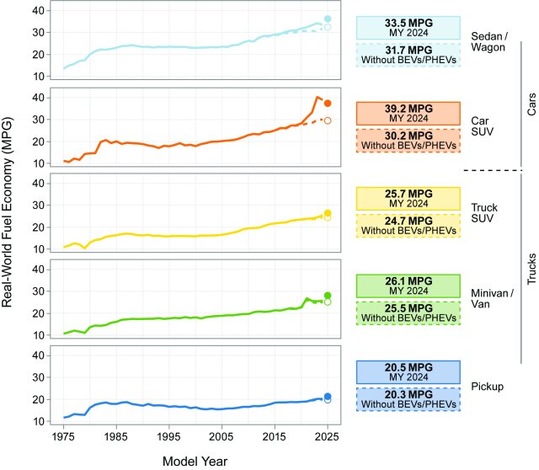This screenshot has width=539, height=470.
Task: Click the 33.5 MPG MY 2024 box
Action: point(408,28)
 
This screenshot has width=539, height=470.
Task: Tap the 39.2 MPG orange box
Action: point(408,114)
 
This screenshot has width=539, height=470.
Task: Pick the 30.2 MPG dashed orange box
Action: point(408,141)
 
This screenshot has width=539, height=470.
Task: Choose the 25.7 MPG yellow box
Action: point(408,199)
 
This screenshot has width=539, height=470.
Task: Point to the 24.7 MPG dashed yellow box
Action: point(408,227)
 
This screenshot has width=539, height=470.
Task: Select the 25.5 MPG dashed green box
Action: point(408,313)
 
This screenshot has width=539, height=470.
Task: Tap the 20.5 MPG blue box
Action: point(408,371)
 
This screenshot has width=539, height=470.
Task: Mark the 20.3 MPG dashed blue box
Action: point(408,398)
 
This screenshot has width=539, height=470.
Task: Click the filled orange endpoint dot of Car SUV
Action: point(328,103)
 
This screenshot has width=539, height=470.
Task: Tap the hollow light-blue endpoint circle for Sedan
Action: point(328,27)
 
